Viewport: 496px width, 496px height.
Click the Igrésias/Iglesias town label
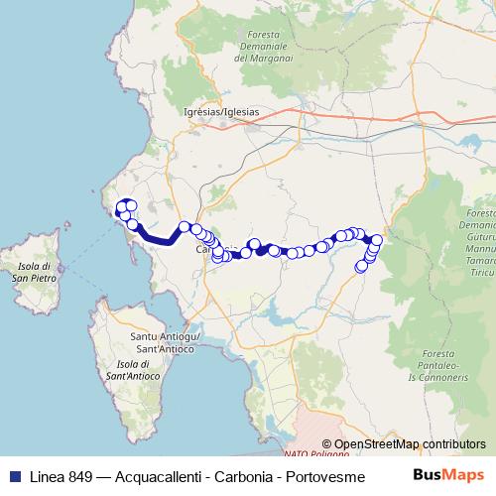tap(221, 112)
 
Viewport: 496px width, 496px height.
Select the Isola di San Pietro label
tap(29, 274)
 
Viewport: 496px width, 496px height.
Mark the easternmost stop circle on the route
tap(377, 240)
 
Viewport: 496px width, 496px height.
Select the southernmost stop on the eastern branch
tap(361, 266)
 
